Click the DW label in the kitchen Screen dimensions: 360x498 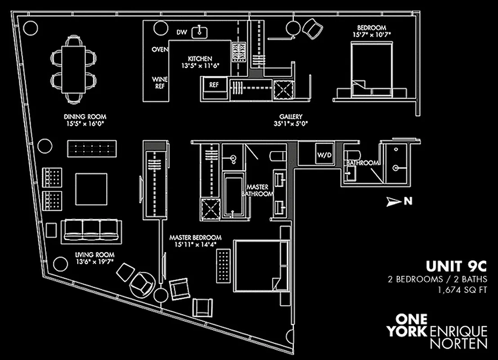coord(181,32)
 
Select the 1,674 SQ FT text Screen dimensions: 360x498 coord(463,290)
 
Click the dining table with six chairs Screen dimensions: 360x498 coord(73,69)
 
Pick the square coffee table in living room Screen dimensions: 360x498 coord(91,189)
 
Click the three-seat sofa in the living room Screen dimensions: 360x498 coord(91,231)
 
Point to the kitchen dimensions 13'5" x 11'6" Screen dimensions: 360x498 coord(200,66)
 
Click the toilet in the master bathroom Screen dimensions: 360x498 coord(278,156)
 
